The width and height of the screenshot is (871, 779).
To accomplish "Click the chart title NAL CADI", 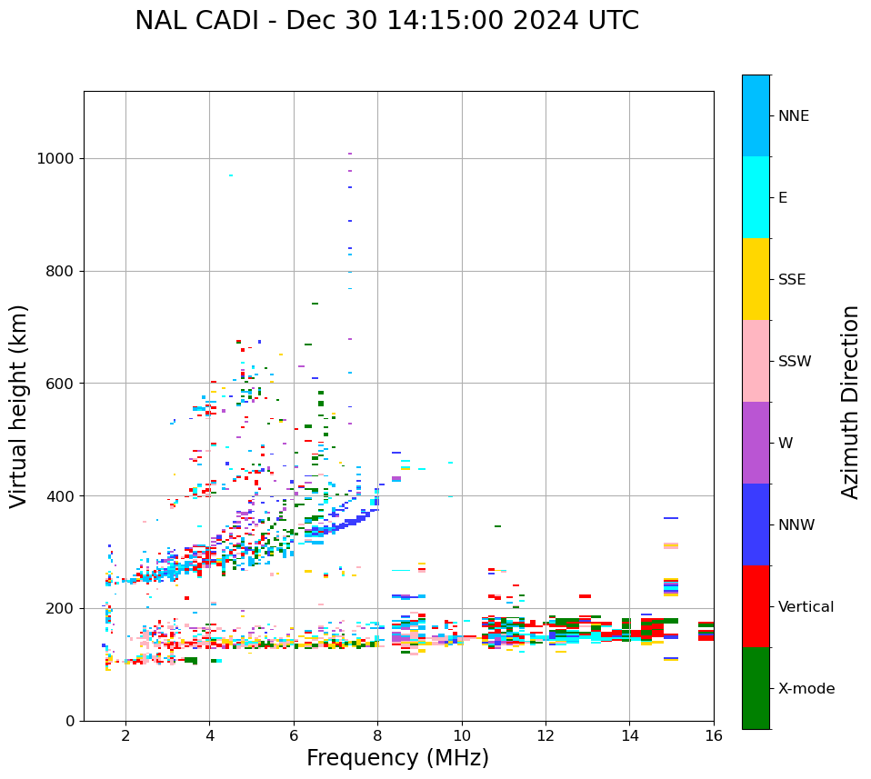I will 386,21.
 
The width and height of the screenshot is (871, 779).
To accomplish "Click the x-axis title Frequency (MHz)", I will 397,758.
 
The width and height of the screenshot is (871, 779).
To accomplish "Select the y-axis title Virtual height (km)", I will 19,405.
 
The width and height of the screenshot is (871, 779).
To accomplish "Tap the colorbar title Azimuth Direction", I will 850,402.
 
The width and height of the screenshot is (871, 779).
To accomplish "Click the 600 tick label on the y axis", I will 59,384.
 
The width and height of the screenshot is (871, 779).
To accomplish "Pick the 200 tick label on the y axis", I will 59,608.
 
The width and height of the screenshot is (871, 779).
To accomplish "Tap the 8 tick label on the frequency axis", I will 377,735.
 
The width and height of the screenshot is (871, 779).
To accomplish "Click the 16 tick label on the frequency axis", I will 714,735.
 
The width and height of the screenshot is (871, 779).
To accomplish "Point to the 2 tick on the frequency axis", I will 125,735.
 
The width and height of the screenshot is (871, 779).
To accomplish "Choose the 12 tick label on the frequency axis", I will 546,735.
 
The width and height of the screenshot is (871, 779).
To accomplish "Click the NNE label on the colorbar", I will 793,116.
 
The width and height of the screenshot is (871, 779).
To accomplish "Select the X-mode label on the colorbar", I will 806,689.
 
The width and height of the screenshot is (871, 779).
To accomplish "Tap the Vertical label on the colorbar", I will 806,607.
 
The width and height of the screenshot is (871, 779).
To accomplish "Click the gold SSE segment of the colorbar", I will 756,279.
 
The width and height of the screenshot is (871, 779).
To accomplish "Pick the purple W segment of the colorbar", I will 756,443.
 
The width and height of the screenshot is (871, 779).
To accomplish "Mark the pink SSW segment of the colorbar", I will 756,361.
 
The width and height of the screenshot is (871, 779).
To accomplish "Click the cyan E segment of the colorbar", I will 756,197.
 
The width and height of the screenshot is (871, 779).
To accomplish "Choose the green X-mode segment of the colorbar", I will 756,688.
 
